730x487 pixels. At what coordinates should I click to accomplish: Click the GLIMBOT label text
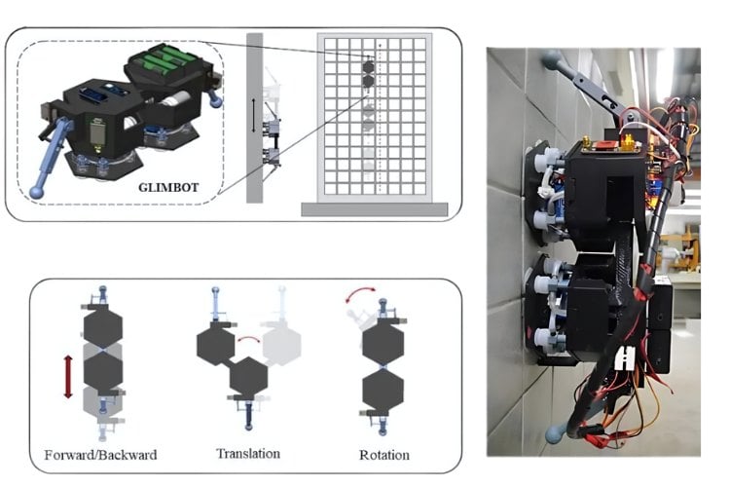(168, 187)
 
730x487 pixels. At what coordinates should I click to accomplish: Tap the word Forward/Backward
(100, 455)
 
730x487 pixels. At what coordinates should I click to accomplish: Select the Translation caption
(248, 454)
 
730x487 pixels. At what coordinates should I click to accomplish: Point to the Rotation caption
(384, 455)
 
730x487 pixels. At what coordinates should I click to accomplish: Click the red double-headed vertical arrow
(68, 377)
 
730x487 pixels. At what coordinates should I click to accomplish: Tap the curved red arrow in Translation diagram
(248, 340)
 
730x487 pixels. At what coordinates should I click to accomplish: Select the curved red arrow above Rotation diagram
(361, 294)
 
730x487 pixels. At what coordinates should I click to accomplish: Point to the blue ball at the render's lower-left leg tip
(36, 192)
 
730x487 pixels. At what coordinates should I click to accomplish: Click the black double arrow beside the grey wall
(253, 116)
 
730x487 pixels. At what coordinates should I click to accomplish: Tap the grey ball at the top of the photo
(552, 58)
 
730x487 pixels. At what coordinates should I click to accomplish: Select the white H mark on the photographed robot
(624, 357)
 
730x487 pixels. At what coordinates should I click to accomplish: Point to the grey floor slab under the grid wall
(375, 209)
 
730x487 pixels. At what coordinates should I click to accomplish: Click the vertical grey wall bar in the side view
(254, 118)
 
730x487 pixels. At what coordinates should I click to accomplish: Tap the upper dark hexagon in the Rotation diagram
(383, 344)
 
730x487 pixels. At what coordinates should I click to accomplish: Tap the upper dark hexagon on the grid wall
(368, 67)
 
